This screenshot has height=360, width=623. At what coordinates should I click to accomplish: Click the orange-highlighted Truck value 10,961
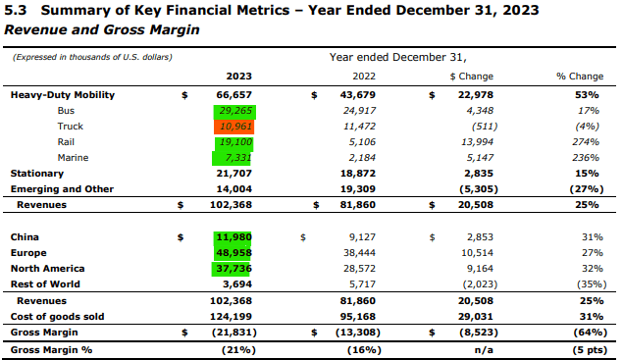(x=237, y=127)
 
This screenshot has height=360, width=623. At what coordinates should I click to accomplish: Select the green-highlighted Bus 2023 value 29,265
(x=237, y=111)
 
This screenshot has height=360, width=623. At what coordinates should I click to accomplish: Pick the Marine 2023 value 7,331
(x=239, y=158)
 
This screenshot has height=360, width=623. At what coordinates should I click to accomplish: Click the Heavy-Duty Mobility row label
(x=63, y=95)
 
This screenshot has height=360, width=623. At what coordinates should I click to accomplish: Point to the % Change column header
(x=579, y=76)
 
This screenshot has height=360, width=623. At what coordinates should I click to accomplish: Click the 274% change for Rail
(x=589, y=142)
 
